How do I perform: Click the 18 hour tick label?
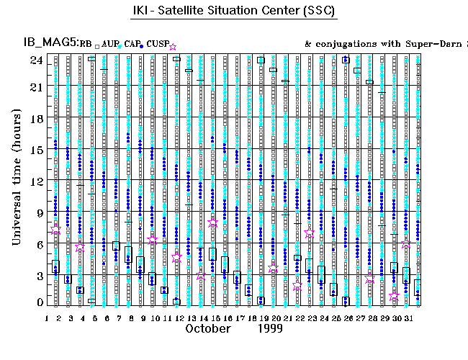(x=35, y=120)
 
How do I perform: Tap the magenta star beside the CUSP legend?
(x=172, y=47)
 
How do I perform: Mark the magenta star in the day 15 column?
(x=213, y=223)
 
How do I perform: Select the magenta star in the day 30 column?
(x=394, y=295)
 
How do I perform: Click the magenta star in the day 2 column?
(x=57, y=230)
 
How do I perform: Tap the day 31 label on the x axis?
(x=405, y=317)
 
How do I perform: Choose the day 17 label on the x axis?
(x=238, y=317)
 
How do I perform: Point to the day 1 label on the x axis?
(x=47, y=317)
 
